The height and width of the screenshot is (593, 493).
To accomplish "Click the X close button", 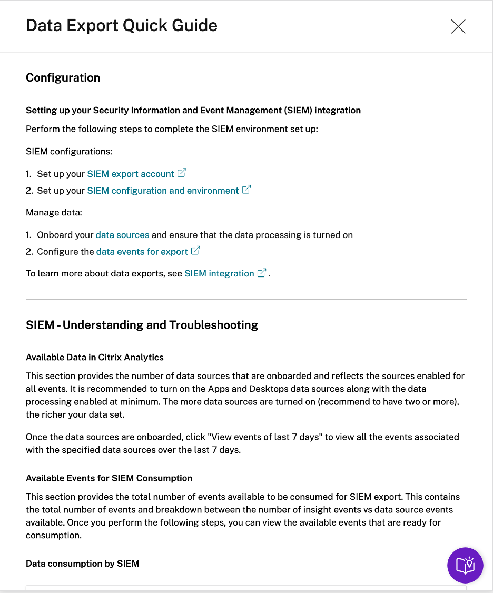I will pyautogui.click(x=458, y=26).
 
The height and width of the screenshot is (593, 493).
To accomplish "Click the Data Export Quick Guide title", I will pyautogui.click(x=122, y=25).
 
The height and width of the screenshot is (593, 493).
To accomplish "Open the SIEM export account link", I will pyautogui.click(x=131, y=174).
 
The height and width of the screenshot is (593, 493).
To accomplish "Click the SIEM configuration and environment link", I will pyautogui.click(x=163, y=191).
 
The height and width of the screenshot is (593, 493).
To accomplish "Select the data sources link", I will pyautogui.click(x=122, y=235).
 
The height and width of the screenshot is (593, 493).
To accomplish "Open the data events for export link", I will pyautogui.click(x=142, y=252).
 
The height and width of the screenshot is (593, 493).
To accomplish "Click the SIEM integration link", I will pyautogui.click(x=219, y=273).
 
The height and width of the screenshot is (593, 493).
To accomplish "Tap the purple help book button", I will pyautogui.click(x=465, y=565).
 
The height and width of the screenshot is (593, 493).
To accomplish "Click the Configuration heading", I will pyautogui.click(x=63, y=78).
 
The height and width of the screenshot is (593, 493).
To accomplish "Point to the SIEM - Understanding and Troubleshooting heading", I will pyautogui.click(x=142, y=325).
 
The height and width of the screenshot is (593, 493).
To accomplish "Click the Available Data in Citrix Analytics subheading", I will pyautogui.click(x=95, y=357).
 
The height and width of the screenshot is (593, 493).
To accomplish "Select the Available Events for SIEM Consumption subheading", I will pyautogui.click(x=109, y=478).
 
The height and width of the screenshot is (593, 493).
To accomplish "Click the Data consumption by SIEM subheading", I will pyautogui.click(x=82, y=564).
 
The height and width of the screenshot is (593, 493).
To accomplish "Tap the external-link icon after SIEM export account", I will pyautogui.click(x=182, y=173).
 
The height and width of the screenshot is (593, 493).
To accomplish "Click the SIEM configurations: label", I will pyautogui.click(x=69, y=152).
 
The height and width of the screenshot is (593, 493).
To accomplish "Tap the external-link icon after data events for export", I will pyautogui.click(x=195, y=251).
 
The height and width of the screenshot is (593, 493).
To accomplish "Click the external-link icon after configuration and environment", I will pyautogui.click(x=246, y=190).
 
